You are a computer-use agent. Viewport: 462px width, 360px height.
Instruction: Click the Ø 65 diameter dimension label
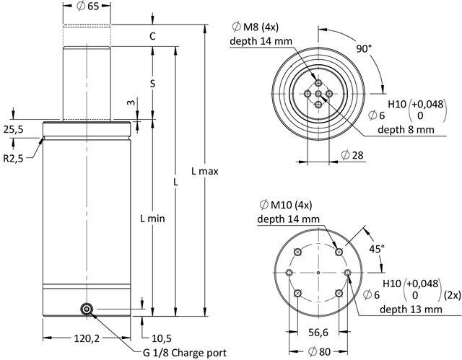pyautogui.click(x=86, y=8)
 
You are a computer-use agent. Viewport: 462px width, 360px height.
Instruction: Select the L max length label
pyautogui.click(x=205, y=171)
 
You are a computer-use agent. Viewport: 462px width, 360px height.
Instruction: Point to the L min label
pyautogui.click(x=152, y=218)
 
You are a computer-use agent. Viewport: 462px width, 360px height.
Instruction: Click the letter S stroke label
pyautogui.click(x=152, y=84)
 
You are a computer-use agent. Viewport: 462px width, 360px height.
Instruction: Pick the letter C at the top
pyautogui.click(x=152, y=35)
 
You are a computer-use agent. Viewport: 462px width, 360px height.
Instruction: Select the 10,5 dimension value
pyautogui.click(x=161, y=338)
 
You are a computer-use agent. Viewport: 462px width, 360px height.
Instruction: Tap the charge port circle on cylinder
pyautogui.click(x=87, y=309)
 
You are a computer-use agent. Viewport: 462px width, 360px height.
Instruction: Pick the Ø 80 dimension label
pyautogui.click(x=318, y=351)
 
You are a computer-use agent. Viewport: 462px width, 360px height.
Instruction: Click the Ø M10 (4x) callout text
pyautogui.click(x=283, y=204)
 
